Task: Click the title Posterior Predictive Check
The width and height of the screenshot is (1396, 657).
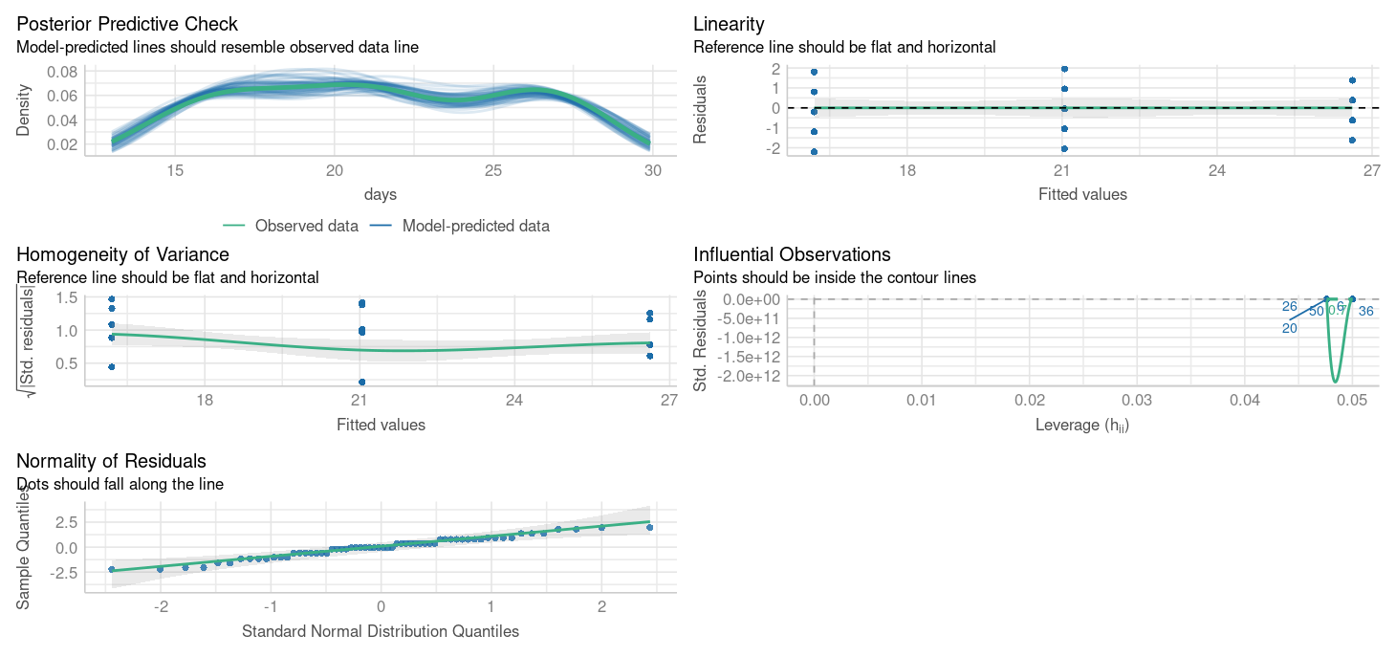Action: (x=127, y=24)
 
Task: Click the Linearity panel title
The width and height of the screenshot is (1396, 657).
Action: (x=729, y=24)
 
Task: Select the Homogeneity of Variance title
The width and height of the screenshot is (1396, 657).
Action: (x=122, y=254)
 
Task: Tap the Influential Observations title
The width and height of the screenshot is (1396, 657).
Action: (x=792, y=254)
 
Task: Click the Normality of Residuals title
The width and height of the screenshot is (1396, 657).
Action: (x=111, y=462)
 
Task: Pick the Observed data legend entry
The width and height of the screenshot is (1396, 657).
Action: (x=292, y=227)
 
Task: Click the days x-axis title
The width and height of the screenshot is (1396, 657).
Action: (x=380, y=194)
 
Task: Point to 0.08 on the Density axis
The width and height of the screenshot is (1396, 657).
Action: (x=62, y=72)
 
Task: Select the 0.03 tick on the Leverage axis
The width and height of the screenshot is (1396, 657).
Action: (x=1136, y=402)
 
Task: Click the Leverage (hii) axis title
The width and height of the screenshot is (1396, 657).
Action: (x=1081, y=425)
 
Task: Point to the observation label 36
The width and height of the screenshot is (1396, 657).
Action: (x=1365, y=312)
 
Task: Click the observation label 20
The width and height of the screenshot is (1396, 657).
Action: (x=1289, y=328)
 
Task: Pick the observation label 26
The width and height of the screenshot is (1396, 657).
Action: (x=1289, y=307)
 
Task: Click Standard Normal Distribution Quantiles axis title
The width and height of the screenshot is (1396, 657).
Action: (x=380, y=631)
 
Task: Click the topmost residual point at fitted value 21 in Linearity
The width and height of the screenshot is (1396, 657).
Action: (x=1064, y=69)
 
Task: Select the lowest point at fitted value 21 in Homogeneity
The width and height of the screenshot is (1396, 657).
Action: (x=361, y=382)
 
